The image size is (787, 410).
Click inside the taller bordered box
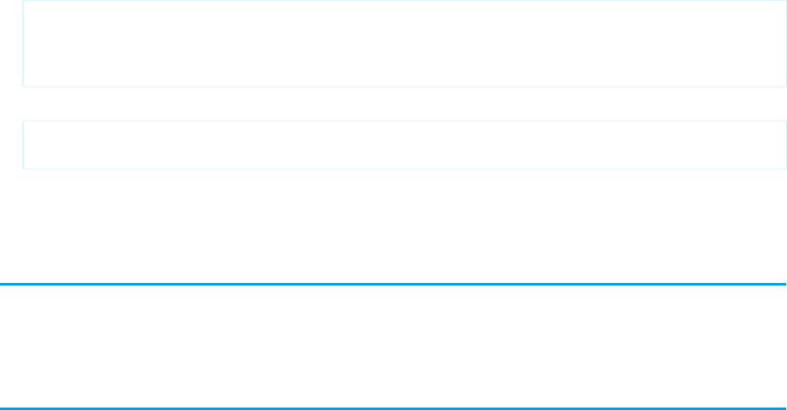coord(404,44)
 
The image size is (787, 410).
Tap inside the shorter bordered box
coord(404,145)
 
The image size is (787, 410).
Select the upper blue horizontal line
coord(393,284)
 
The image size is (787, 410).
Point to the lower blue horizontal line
coord(393,408)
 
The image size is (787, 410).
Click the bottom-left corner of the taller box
coord(23,87)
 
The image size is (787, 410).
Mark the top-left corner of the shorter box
coord(23,120)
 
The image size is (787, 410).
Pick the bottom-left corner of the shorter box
coord(23,168)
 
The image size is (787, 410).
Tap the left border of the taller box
coord(23,44)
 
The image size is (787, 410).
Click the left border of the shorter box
coord(23,145)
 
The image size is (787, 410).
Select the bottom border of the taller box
coord(404,87)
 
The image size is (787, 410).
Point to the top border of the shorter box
coord(404,120)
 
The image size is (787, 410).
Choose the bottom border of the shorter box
coord(404,168)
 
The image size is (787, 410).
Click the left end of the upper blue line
coord(2,284)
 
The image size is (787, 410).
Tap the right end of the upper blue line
coord(785,284)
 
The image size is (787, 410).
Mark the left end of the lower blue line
coord(2,408)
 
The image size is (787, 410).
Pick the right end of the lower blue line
coord(785,408)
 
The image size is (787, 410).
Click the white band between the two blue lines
coord(393,346)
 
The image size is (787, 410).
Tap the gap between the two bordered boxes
coord(404,104)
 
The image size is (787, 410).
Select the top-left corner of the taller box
coord(23,1)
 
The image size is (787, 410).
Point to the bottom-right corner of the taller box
coord(785,87)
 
